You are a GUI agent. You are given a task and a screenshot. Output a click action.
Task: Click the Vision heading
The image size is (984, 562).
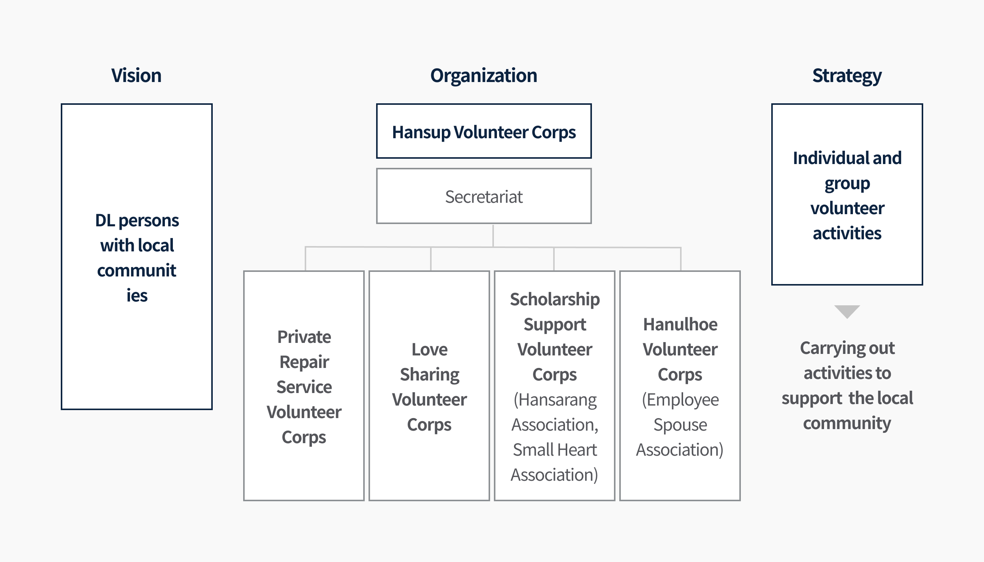(136, 75)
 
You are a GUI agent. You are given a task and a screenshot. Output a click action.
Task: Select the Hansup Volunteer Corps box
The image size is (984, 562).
(484, 131)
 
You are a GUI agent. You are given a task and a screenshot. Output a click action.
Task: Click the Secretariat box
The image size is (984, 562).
(484, 196)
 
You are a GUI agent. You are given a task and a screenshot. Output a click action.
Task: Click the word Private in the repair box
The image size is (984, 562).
(304, 337)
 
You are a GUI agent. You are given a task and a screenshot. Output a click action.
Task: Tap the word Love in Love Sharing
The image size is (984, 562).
(429, 350)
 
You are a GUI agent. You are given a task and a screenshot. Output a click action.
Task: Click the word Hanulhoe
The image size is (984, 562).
(680, 325)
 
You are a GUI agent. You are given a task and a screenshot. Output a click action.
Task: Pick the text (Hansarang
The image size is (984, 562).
(555, 400)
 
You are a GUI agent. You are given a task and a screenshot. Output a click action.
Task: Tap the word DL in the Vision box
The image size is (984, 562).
(105, 221)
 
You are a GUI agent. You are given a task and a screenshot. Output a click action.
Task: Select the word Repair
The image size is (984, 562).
(304, 362)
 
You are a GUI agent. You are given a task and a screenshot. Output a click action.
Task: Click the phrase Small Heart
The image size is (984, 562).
(555, 450)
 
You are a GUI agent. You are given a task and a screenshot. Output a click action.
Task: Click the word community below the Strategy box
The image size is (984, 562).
(847, 424)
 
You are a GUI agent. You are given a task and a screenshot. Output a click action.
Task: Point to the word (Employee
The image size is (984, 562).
(680, 400)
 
